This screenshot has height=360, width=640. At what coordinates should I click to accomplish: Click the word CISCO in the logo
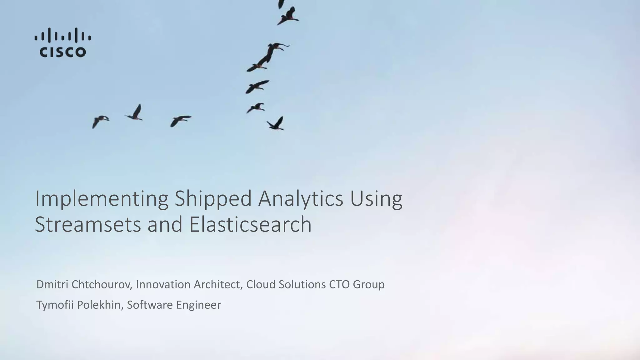click(62, 52)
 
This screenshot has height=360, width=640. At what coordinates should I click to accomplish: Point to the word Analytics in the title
click(300, 199)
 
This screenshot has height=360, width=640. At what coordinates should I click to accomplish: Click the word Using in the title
click(376, 199)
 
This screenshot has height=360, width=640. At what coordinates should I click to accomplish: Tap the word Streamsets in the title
click(88, 224)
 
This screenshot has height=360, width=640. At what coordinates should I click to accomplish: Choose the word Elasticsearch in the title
click(250, 224)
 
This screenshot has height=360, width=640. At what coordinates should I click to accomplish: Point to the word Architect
click(218, 284)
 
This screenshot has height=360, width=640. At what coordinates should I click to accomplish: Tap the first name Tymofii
click(55, 305)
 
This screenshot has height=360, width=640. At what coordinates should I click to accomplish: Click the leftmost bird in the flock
click(100, 121)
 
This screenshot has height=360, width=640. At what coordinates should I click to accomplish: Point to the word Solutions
click(302, 284)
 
